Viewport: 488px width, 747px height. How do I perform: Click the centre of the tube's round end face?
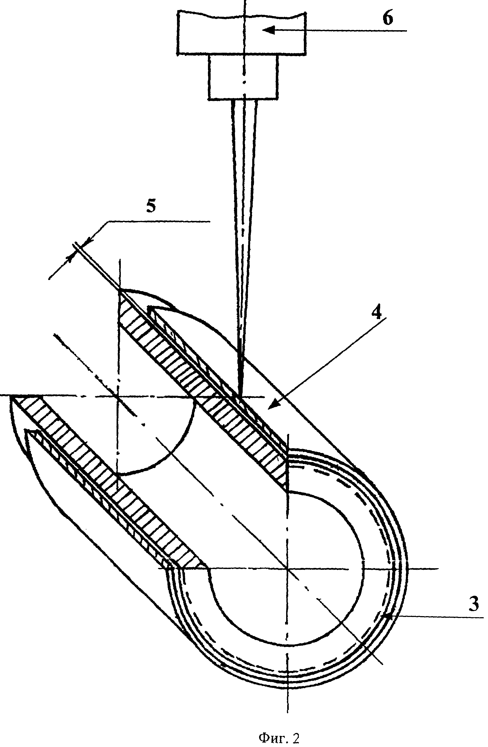(x=287, y=568)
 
